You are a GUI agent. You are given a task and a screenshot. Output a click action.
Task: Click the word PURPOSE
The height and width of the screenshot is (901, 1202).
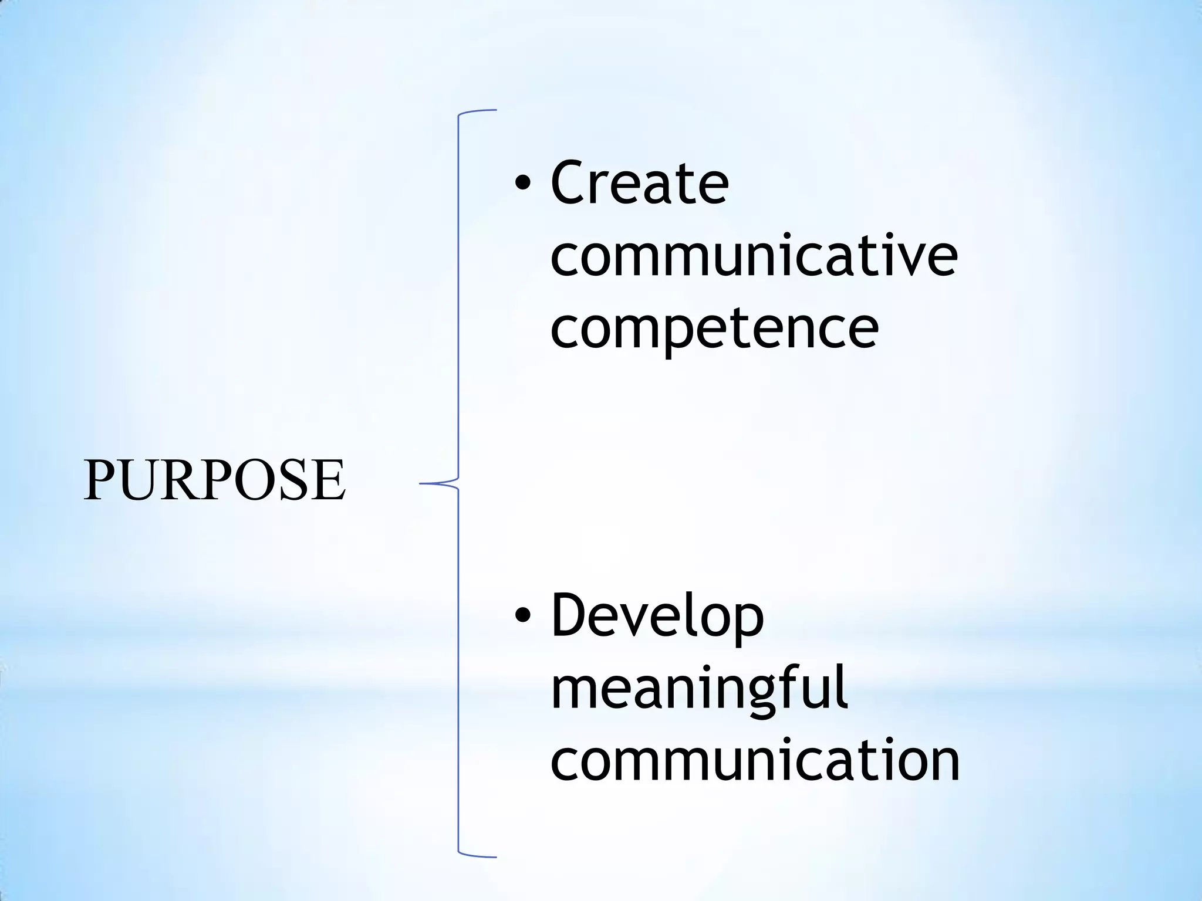(214, 480)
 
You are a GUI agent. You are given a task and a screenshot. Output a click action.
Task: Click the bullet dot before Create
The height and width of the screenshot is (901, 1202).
(522, 185)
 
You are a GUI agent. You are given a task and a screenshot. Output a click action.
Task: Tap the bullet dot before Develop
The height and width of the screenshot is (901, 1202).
(522, 615)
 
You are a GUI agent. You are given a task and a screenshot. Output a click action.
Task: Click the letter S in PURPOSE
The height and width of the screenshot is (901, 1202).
(294, 480)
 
